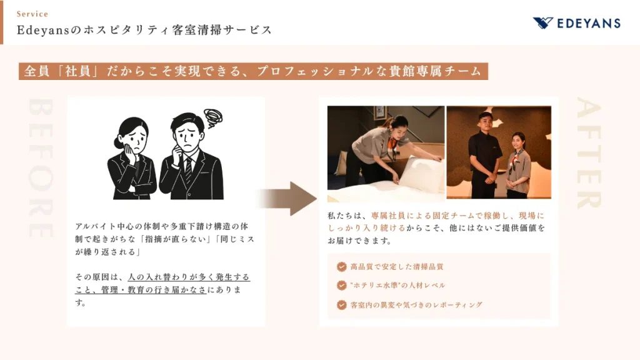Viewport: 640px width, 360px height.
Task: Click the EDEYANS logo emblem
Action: click(x=543, y=23)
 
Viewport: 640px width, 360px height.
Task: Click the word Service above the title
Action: click(x=32, y=14)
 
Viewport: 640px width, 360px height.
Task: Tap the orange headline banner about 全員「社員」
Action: click(x=254, y=71)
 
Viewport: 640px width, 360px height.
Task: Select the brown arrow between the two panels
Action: click(x=287, y=199)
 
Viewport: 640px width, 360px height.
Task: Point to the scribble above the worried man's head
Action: click(x=213, y=118)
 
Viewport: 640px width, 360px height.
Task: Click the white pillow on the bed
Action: click(x=421, y=174)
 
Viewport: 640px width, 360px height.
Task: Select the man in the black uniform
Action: click(x=485, y=155)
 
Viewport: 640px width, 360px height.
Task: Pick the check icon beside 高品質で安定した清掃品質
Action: click(x=342, y=266)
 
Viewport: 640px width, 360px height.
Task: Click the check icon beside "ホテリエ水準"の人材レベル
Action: click(x=342, y=285)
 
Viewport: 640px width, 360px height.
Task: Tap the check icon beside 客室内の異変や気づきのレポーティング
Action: click(x=342, y=304)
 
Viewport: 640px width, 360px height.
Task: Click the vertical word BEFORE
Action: click(x=41, y=167)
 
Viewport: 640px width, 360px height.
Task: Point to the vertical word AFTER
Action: click(x=589, y=152)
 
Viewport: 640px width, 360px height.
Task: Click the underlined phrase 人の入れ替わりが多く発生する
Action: click(x=189, y=277)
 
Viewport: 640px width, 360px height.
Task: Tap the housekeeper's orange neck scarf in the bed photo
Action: click(x=392, y=146)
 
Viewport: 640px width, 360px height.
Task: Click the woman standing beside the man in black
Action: click(x=518, y=165)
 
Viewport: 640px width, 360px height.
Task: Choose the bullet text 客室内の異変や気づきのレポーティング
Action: click(x=416, y=305)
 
